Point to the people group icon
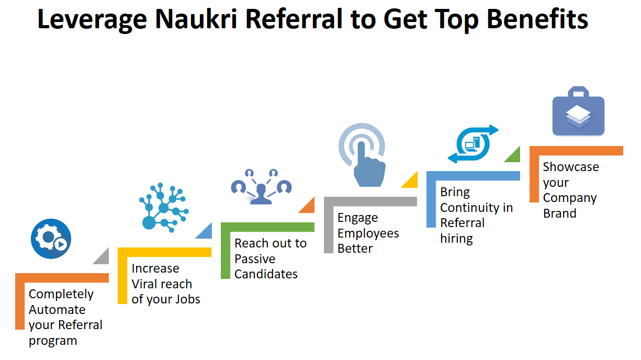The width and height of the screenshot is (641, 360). click(261, 186)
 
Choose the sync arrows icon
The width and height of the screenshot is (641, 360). click(473, 144)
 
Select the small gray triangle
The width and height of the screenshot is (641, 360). click(103, 257)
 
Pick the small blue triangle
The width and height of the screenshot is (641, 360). click(205, 231)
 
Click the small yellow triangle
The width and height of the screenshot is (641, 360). click(411, 181)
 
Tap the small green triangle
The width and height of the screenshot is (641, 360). click(514, 155)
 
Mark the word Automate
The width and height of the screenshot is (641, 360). click(57, 310)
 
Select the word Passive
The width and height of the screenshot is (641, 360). click(255, 259)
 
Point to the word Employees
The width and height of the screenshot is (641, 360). click(368, 233)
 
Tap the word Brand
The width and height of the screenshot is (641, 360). click(559, 213)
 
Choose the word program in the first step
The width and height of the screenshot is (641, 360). click(53, 341)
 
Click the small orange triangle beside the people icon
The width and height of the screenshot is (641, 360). click(308, 206)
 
